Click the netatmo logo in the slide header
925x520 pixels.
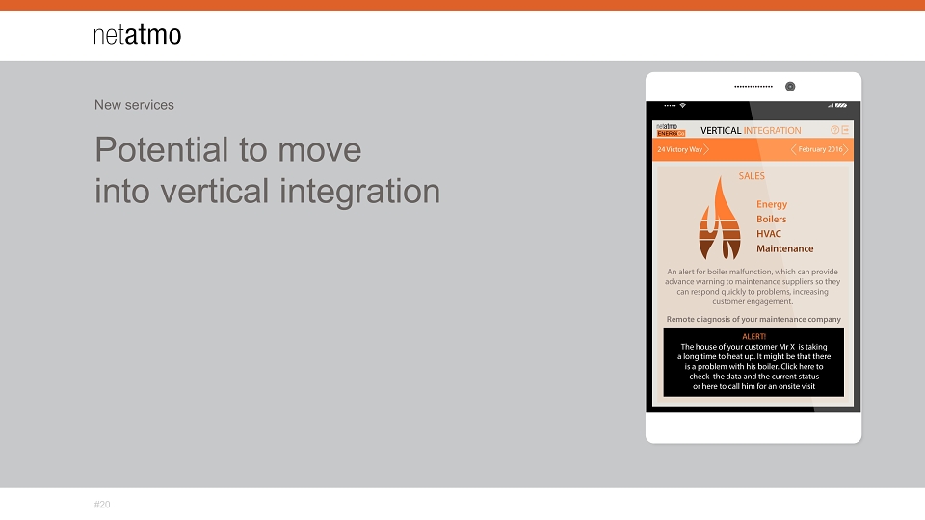[138, 35]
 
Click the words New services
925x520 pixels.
[134, 105]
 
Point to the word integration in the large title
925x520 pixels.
[359, 191]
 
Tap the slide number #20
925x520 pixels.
[102, 505]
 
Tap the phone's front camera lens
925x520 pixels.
[790, 87]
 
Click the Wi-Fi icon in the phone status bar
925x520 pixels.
[682, 106]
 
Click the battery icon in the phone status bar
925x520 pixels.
[840, 106]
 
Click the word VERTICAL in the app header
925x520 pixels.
[721, 130]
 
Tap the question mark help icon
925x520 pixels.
[834, 130]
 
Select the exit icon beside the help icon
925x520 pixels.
[845, 130]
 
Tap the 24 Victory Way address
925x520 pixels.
[679, 150]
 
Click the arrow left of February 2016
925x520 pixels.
[793, 150]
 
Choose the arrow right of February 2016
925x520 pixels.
[845, 150]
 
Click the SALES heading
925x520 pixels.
[752, 176]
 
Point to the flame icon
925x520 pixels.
[720, 219]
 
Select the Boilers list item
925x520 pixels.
[772, 220]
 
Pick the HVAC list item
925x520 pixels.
[769, 234]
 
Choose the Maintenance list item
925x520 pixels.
[784, 248]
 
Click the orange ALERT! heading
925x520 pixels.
[753, 337]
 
